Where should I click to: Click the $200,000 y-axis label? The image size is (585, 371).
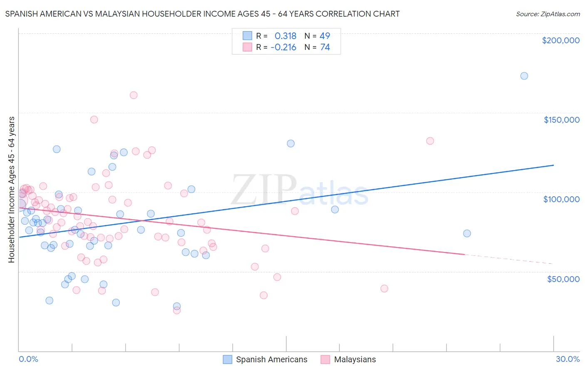560,40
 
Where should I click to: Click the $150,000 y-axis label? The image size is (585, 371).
561,120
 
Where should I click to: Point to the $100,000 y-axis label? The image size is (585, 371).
561,199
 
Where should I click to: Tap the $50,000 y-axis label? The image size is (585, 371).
563,279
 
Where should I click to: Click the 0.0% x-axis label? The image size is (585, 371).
28,359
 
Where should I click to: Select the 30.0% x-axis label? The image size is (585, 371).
568,359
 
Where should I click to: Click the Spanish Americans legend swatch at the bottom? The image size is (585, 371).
227,359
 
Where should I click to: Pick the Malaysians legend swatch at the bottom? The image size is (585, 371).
325,359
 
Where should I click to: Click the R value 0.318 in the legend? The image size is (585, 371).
285,36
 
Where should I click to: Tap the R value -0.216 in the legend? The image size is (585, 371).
283,47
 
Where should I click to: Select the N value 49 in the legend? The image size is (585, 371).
325,36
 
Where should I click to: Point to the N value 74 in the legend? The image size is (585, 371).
325,47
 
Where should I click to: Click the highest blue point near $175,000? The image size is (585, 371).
524,76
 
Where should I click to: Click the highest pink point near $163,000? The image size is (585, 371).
134,95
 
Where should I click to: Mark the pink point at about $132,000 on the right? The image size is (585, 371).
430,141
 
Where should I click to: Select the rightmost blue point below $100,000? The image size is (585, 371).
467,233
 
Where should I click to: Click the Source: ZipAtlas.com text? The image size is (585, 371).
548,14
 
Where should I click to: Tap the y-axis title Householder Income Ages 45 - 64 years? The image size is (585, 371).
12,189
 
